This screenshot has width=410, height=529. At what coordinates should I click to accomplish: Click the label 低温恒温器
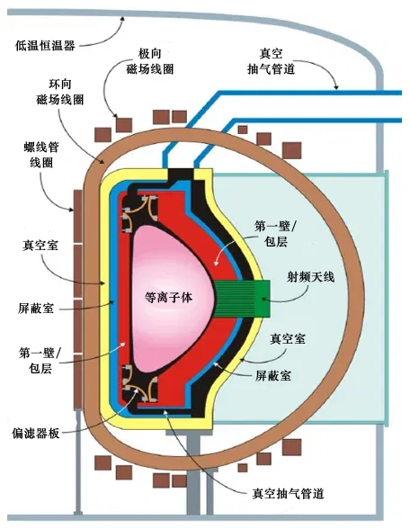(x=45, y=45)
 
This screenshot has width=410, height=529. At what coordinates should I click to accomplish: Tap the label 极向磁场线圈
(x=150, y=61)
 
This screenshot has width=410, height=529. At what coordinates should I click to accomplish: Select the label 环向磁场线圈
(x=60, y=92)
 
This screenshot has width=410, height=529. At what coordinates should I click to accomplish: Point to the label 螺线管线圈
(x=41, y=155)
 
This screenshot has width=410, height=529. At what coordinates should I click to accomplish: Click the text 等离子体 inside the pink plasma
(x=168, y=297)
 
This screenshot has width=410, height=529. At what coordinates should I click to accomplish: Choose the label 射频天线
(x=310, y=277)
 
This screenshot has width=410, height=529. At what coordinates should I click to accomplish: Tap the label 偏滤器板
(x=36, y=433)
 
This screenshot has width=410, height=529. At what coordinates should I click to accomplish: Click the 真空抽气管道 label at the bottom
(x=288, y=493)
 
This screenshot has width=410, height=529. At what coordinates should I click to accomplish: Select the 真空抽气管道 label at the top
(x=272, y=61)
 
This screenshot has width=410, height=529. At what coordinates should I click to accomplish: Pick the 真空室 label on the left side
(x=40, y=246)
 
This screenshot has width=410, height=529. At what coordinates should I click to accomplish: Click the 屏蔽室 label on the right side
(x=273, y=375)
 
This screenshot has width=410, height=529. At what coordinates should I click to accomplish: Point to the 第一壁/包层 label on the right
(x=274, y=234)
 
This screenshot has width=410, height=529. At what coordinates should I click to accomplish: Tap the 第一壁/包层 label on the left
(x=40, y=361)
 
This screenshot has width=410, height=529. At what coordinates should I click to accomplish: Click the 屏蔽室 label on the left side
(x=36, y=309)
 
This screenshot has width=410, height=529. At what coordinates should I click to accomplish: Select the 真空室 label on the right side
(x=288, y=338)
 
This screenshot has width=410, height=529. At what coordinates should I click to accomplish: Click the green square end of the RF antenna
(x=263, y=299)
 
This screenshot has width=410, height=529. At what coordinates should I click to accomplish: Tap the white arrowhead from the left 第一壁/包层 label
(x=124, y=345)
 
